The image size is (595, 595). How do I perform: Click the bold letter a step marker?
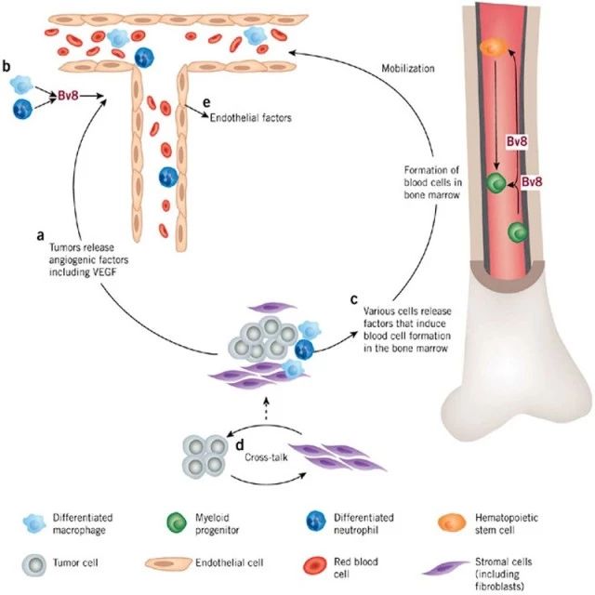(x=41, y=236)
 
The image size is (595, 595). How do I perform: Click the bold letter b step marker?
(x=7, y=67)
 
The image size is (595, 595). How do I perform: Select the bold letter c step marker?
(x=353, y=299)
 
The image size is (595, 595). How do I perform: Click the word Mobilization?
(x=410, y=69)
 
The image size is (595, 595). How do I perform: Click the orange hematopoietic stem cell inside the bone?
(x=494, y=47)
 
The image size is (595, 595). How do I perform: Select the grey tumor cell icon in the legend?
(x=40, y=564)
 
